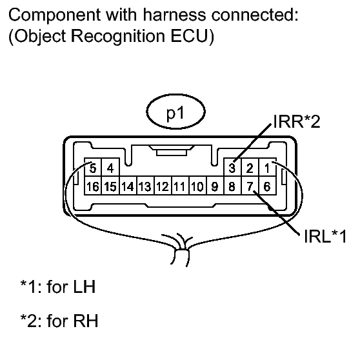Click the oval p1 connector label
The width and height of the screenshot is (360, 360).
176,112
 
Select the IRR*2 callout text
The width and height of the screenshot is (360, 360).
296,121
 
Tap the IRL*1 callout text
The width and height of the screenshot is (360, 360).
325,236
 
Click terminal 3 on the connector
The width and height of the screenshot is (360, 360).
232,168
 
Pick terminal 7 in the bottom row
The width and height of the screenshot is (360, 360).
250,186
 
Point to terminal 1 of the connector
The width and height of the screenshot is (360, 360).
267,168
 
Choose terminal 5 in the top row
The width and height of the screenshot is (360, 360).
93,168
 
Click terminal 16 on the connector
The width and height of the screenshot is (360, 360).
93,186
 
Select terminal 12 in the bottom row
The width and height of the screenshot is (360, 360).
163,186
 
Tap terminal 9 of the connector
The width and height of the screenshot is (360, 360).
215,186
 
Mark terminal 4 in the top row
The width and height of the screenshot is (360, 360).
110,168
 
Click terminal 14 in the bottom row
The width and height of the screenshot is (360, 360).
128,186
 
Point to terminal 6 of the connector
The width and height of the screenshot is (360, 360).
267,186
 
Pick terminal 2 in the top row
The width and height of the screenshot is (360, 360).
250,168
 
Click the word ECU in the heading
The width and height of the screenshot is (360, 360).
189,36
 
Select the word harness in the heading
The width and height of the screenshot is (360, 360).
174,15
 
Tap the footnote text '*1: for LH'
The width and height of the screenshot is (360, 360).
58,286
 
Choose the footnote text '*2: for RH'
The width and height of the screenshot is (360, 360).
59,321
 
